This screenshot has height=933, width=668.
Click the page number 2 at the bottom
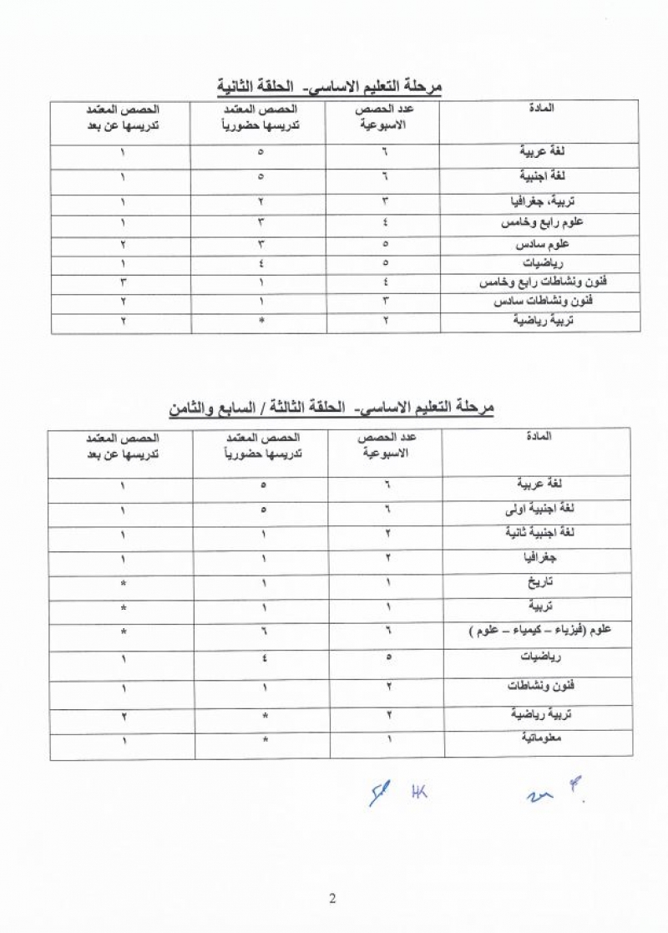pyautogui.click(x=332, y=899)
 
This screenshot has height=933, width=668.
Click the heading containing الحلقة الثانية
pyautogui.click(x=328, y=85)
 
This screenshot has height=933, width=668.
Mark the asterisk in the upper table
pyautogui.click(x=261, y=320)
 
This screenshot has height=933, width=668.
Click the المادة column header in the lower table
pyautogui.click(x=547, y=437)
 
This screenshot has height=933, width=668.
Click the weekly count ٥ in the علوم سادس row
pyautogui.click(x=386, y=245)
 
